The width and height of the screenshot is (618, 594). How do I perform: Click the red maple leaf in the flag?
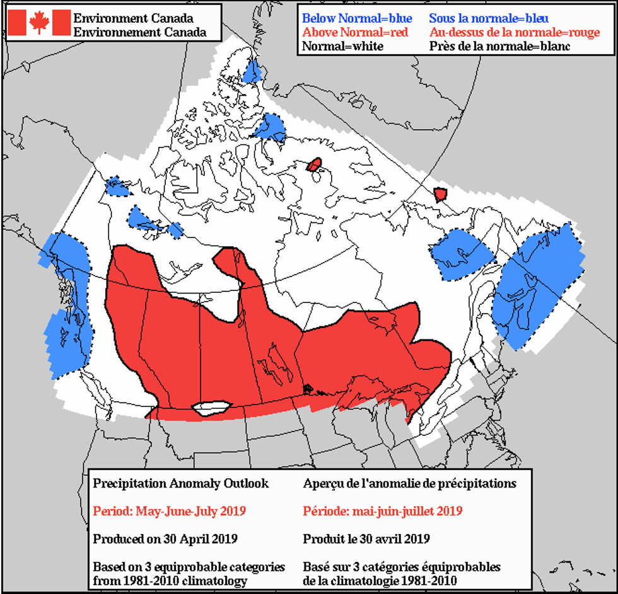pos(39,23)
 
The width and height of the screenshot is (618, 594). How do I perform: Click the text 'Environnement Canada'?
pos(140,31)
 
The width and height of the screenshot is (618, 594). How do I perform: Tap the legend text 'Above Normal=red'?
pos(355,32)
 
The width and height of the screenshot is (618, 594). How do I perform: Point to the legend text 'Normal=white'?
pos(342,46)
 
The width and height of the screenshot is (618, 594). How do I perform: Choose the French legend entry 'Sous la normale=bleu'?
pos(489,18)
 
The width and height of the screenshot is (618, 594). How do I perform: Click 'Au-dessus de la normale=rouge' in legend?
pos(515,32)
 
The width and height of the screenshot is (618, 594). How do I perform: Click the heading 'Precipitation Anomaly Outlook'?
pos(181,484)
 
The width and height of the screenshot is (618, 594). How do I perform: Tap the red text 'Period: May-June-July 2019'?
pos(169,511)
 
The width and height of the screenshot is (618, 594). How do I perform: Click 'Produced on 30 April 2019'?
pos(165,539)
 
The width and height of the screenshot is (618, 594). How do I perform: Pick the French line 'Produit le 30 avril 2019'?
pos(366,539)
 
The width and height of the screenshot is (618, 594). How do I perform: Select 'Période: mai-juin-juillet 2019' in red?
pos(383,511)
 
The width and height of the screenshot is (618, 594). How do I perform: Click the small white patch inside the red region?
pos(211,408)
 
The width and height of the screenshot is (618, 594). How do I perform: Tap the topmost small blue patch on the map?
pos(253,71)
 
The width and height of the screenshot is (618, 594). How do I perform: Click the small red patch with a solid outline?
pos(314,165)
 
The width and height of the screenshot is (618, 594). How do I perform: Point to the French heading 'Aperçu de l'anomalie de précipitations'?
pos(409,484)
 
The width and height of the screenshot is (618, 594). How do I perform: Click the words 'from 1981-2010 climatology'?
pos(170,580)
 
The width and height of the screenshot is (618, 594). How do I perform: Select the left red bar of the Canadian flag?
pos(17,23)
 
